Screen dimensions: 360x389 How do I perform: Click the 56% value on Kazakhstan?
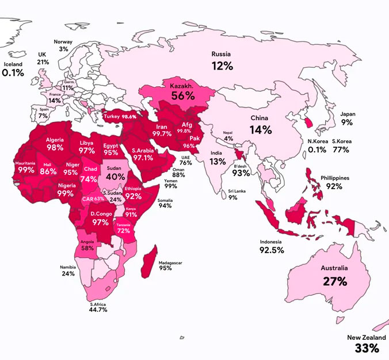(182, 97)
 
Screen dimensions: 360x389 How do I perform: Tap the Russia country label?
(222, 55)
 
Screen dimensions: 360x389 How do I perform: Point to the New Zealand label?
(367, 338)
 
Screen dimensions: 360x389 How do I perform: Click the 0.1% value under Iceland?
(13, 73)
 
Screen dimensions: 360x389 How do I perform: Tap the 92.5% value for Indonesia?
(272, 251)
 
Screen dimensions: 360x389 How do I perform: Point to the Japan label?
(348, 114)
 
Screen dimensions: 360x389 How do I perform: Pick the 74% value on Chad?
(89, 179)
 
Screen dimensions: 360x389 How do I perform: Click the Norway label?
(63, 42)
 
